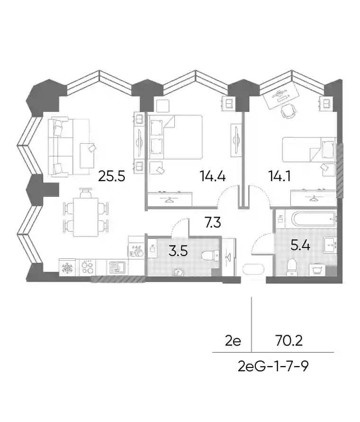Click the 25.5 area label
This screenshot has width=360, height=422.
point(112,176)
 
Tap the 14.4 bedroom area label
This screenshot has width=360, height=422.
point(212,176)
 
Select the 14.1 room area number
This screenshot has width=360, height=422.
point(279,176)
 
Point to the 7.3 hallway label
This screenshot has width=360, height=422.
point(213,223)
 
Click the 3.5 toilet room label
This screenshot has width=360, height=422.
point(178,251)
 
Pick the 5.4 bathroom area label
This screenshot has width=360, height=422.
point(301,246)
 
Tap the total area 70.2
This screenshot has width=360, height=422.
point(289,341)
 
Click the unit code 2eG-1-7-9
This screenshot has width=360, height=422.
point(273,366)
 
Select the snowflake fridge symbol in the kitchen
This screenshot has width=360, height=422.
point(67,267)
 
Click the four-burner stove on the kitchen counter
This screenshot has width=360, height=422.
point(88,267)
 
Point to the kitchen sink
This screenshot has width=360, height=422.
point(117,268)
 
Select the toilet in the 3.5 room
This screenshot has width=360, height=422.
point(210,255)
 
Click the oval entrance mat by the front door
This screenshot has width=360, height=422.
point(253,269)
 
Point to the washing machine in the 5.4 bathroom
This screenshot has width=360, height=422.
point(318,270)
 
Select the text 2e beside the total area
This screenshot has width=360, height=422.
point(233,341)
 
